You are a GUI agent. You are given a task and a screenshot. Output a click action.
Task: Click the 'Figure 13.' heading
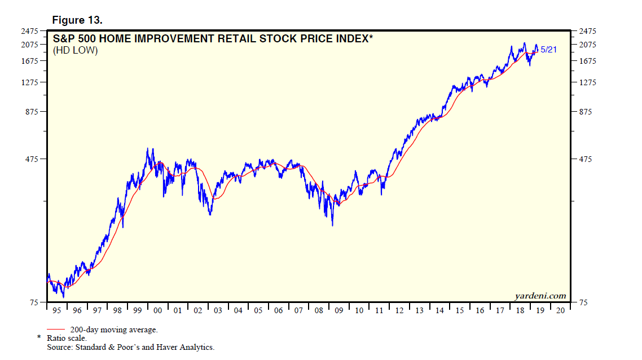click(77, 20)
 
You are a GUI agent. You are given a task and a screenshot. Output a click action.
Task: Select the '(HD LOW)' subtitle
click(76, 51)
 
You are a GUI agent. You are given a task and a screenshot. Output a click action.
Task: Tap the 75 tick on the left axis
click(34, 303)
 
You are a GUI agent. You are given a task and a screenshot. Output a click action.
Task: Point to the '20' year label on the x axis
click(560, 310)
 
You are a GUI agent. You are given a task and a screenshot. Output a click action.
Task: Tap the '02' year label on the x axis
click(197, 310)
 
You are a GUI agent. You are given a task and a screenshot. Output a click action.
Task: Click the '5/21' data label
click(549, 50)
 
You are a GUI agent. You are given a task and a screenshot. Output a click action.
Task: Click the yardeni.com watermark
click(540, 296)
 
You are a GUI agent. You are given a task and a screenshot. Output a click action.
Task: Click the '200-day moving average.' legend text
click(114, 330)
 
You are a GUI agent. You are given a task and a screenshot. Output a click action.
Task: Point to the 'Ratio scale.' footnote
click(66, 339)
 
